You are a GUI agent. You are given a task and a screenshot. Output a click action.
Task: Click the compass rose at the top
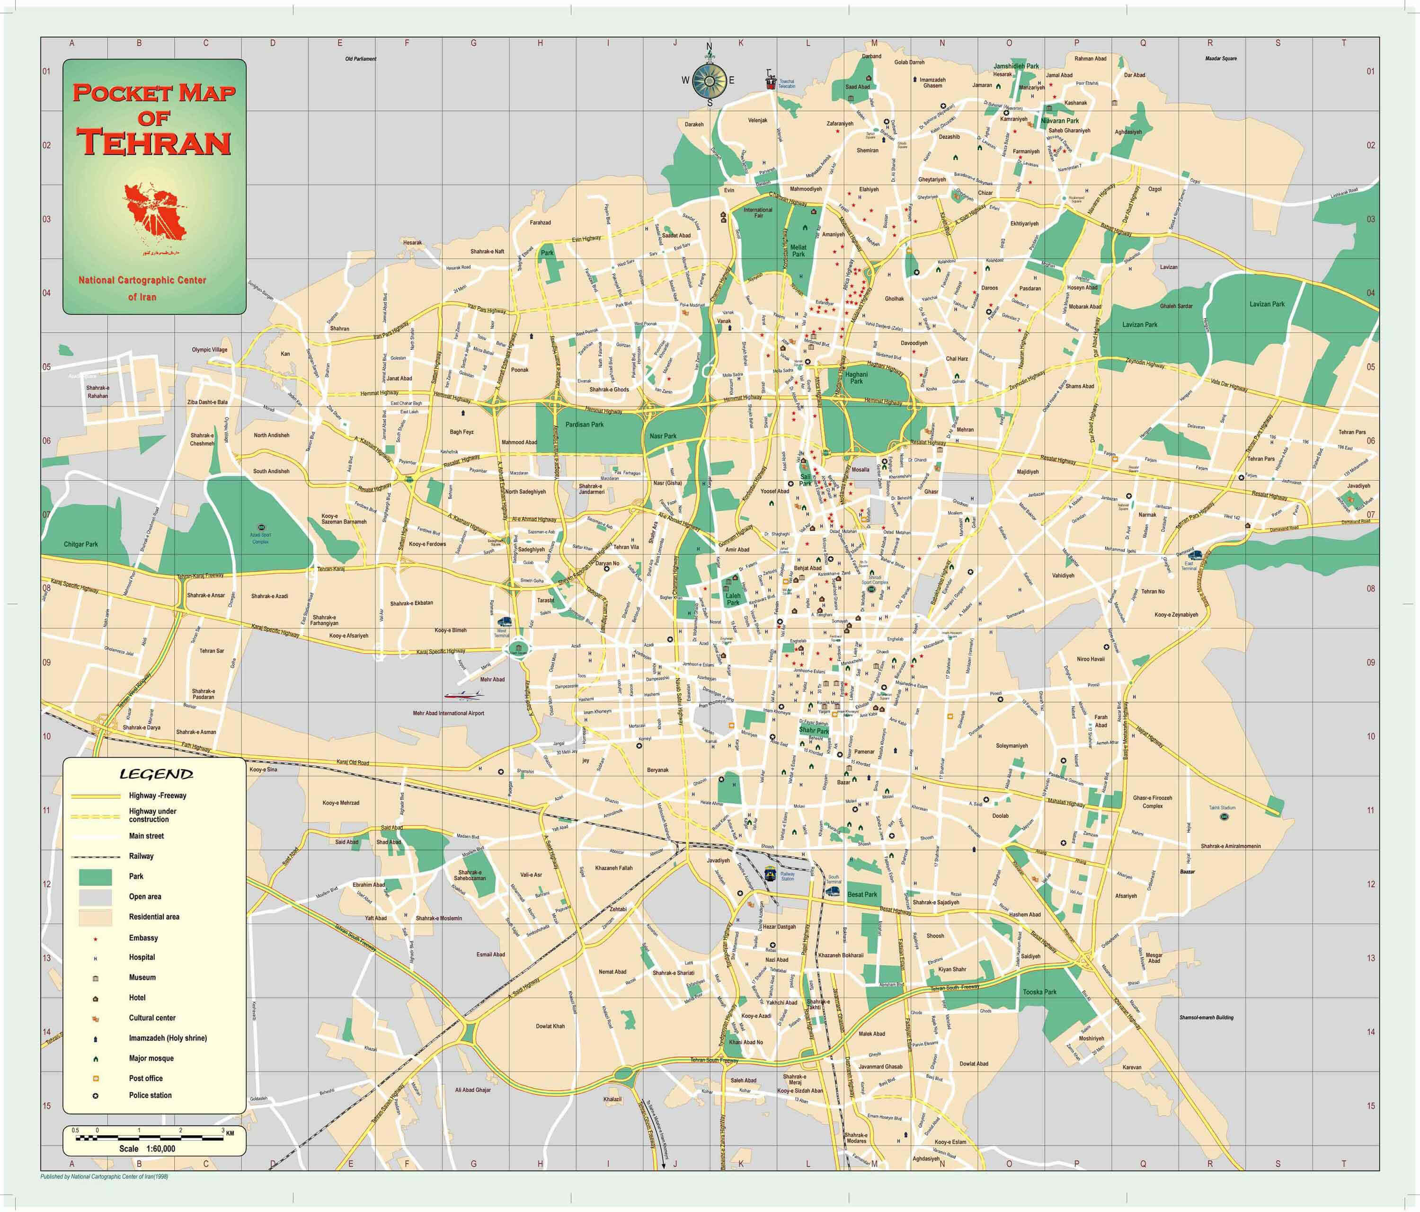710,80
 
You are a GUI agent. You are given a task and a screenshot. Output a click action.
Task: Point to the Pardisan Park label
585,425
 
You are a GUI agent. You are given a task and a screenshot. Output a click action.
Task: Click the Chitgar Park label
81,545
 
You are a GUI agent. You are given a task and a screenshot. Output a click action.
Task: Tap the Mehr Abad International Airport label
448,713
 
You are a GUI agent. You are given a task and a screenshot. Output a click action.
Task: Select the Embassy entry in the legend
143,938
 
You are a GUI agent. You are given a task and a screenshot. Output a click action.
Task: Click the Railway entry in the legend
141,857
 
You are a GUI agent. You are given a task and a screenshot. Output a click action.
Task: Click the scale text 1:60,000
156,1149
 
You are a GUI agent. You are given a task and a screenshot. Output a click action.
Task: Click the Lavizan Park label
1140,325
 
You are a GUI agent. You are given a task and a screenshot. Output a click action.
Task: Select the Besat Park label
862,894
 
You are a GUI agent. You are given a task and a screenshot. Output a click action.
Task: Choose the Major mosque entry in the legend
151,1059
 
